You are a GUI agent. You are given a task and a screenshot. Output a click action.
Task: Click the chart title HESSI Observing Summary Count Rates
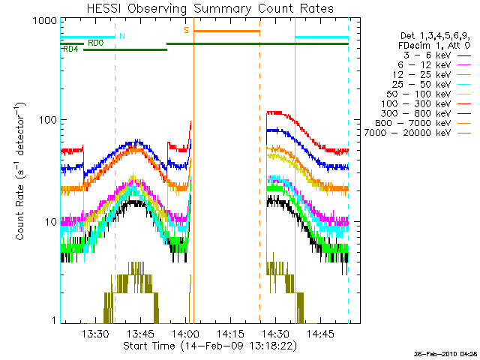coord(211,8)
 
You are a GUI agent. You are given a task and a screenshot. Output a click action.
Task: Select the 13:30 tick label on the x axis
coord(97,334)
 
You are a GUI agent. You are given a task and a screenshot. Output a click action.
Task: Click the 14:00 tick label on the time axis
coord(185,334)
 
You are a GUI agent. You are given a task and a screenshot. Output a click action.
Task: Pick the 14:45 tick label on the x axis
coord(318,334)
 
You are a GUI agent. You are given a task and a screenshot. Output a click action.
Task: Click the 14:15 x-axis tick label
coord(229,334)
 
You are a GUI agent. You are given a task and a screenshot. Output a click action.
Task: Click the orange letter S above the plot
coord(186,30)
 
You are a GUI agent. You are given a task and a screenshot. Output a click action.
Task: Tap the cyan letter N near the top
coord(122,35)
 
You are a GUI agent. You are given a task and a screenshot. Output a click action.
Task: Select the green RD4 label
coord(70,49)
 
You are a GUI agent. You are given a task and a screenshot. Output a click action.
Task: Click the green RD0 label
coord(95,43)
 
